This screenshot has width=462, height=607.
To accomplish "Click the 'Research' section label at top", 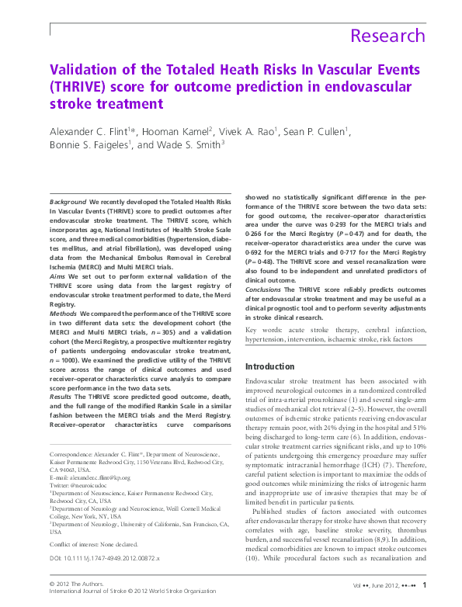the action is click(x=387, y=36).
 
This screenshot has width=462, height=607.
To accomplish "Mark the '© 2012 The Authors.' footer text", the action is click(x=75, y=583).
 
